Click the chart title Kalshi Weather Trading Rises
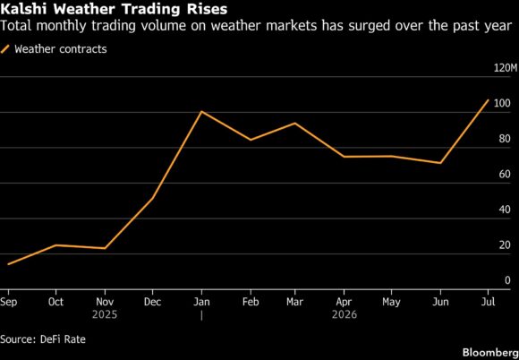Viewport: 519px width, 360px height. click(x=114, y=9)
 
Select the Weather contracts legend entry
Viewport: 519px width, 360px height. click(x=54, y=49)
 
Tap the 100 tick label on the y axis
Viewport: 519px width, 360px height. click(x=501, y=103)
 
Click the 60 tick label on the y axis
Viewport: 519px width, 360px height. click(x=505, y=175)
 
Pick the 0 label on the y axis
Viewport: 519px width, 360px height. click(x=507, y=280)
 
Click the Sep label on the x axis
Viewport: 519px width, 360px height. click(x=8, y=302)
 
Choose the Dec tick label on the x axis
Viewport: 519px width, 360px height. click(x=153, y=302)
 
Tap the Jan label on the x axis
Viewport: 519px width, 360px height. click(x=201, y=302)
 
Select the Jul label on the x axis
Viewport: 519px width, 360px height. click(x=489, y=302)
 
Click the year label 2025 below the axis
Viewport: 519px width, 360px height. click(x=105, y=314)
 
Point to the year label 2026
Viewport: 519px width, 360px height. click(x=345, y=314)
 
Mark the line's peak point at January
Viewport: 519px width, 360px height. click(x=201, y=112)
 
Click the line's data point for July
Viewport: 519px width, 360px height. click(x=489, y=99)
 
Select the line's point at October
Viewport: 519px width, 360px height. click(x=56, y=245)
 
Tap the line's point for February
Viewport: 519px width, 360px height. click(x=251, y=140)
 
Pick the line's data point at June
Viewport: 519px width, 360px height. click(x=440, y=163)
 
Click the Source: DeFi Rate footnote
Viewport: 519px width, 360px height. click(x=43, y=339)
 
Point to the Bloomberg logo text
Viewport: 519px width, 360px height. click(x=490, y=351)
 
